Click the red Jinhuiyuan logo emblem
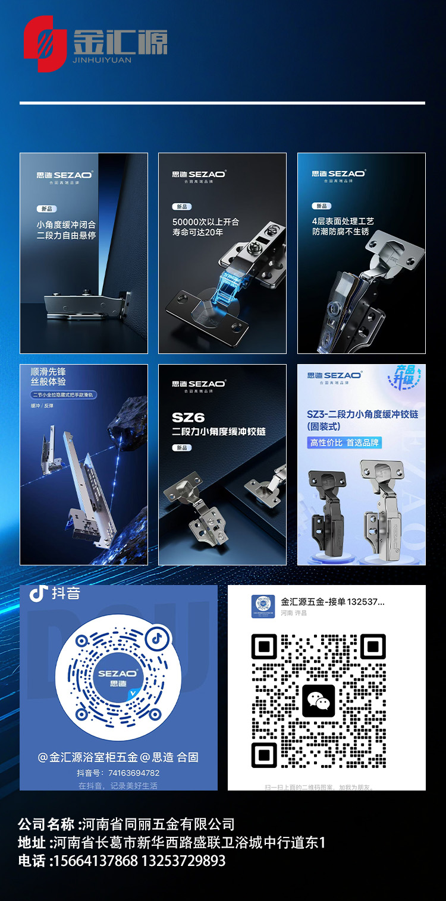point(45,43)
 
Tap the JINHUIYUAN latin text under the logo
point(103,59)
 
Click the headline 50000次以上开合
point(206,222)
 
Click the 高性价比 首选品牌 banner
point(344,442)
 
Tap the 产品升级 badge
point(408,377)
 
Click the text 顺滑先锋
point(48,371)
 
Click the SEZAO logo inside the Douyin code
point(118,678)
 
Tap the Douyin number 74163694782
point(134,773)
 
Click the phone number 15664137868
point(95,861)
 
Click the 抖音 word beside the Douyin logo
point(65,593)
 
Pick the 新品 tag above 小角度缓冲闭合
point(47,208)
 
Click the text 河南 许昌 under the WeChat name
point(294,613)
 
